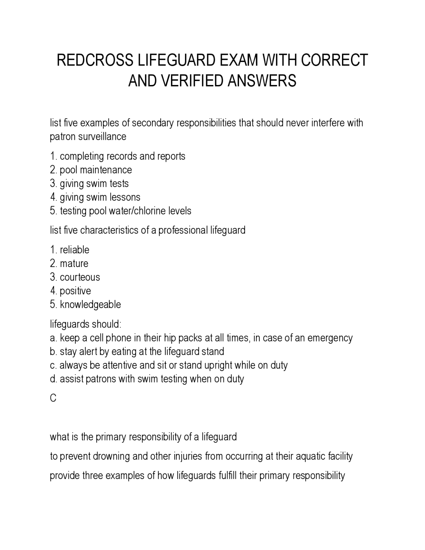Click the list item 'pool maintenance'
96,170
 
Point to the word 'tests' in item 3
119,183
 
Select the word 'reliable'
74,249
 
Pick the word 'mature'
74,263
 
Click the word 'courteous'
80,277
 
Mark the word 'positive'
75,291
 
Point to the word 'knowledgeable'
90,305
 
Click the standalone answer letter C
53,398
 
